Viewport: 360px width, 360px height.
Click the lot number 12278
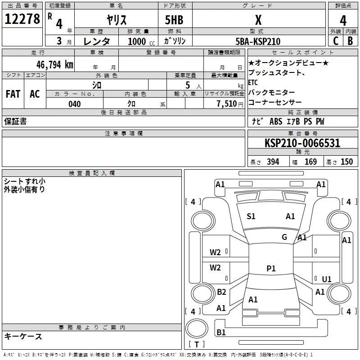pos(22,19)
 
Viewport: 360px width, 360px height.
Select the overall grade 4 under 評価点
pos(343,20)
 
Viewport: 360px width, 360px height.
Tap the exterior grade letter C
pos(336,41)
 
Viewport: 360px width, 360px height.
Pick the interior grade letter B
pos(350,41)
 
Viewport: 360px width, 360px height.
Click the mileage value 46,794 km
pos(55,65)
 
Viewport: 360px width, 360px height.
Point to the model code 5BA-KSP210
pos(258,41)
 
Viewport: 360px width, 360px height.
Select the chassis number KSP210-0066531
pos(302,143)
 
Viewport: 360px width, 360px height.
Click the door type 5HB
pos(174,20)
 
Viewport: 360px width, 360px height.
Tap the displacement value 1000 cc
pos(141,41)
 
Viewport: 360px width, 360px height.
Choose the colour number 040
pos(75,104)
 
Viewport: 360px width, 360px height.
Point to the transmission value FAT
pos(13,94)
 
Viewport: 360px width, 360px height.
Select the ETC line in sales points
pos(253,82)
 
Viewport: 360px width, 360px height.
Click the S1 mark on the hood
pos(251,216)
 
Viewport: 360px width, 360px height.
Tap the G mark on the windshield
pos(284,237)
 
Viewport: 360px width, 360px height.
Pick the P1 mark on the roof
pos(271,268)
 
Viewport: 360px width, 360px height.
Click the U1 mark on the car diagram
pos(327,279)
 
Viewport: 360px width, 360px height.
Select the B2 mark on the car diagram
pos(221,292)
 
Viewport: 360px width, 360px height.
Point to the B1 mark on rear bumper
pos(221,332)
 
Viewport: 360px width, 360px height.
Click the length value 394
pos(273,162)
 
